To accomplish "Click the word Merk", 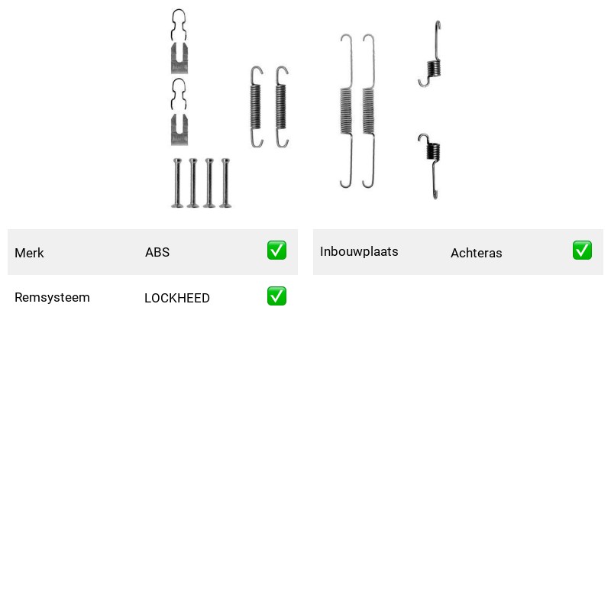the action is coord(29,253).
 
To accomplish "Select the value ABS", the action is coord(157,252).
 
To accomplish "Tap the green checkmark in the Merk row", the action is coord(276,251).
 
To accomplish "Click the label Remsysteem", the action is coord(52,297).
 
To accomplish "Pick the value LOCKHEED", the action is coord(177,298).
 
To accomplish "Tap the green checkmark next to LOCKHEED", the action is coord(276,296).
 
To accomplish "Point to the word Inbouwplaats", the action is coord(359,252).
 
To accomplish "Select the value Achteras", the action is coord(476,254).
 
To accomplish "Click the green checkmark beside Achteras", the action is coord(582,251).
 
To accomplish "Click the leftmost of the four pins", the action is coord(177,183).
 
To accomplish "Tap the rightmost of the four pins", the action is coord(225,183).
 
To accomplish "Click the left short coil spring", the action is coord(256,107).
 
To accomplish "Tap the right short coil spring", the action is coord(281,107).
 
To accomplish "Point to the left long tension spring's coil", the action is coord(346,111).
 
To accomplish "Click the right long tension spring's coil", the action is coord(368,111).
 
